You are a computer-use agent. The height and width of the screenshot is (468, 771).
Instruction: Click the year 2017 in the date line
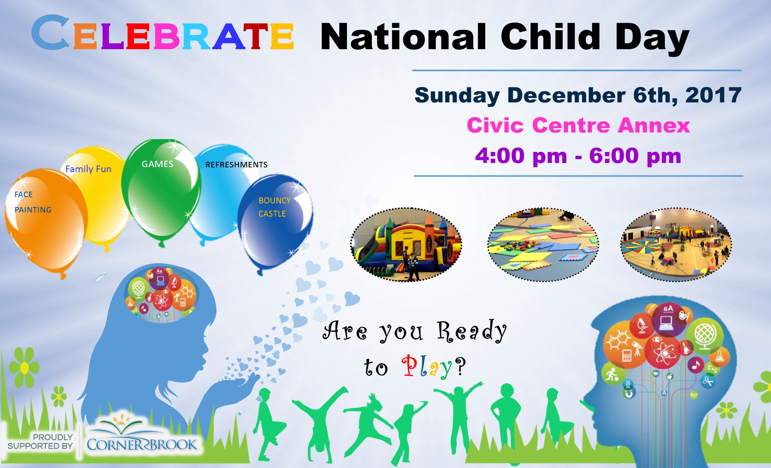coord(713,95)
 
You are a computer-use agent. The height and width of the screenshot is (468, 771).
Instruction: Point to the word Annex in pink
coord(654,126)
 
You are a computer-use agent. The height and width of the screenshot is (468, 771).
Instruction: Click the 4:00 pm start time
coord(521,156)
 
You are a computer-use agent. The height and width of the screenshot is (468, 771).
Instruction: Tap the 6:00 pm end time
coord(635,156)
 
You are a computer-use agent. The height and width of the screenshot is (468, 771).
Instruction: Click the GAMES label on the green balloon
coord(158,164)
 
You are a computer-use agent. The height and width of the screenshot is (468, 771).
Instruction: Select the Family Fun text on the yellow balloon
coord(88,169)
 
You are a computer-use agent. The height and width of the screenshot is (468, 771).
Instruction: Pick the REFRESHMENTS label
coord(236,165)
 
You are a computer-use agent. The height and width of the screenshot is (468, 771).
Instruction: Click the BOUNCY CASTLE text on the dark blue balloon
coord(274,207)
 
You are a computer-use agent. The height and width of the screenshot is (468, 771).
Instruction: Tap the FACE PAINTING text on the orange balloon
coord(33,202)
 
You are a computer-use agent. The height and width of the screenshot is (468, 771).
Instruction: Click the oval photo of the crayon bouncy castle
coord(406,245)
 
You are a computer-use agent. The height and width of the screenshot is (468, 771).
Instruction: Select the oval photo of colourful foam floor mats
coord(543,245)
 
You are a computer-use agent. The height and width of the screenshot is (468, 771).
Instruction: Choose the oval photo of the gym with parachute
coord(676,245)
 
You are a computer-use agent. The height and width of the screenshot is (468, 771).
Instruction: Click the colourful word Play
coord(427,366)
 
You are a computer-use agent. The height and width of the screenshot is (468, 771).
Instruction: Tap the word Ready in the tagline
coord(472,331)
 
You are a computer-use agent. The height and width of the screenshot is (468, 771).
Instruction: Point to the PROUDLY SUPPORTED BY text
coord(40,442)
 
